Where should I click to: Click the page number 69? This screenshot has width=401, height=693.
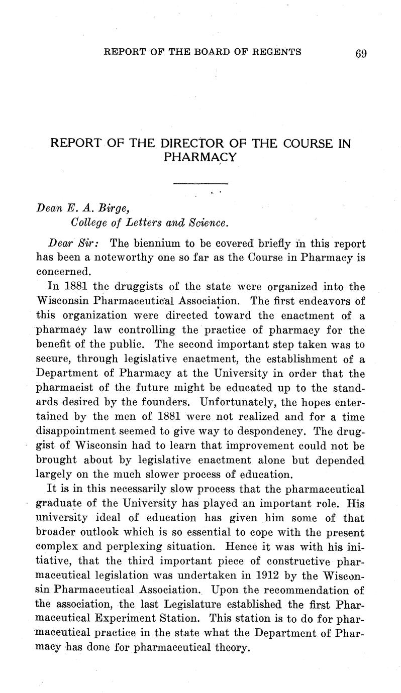coord(361,53)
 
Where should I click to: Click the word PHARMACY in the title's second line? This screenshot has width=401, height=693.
coord(200,157)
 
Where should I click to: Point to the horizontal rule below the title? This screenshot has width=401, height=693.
coord(201,184)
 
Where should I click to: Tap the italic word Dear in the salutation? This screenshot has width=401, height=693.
coord(61,243)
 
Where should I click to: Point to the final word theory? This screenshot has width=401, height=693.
coord(232,648)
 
